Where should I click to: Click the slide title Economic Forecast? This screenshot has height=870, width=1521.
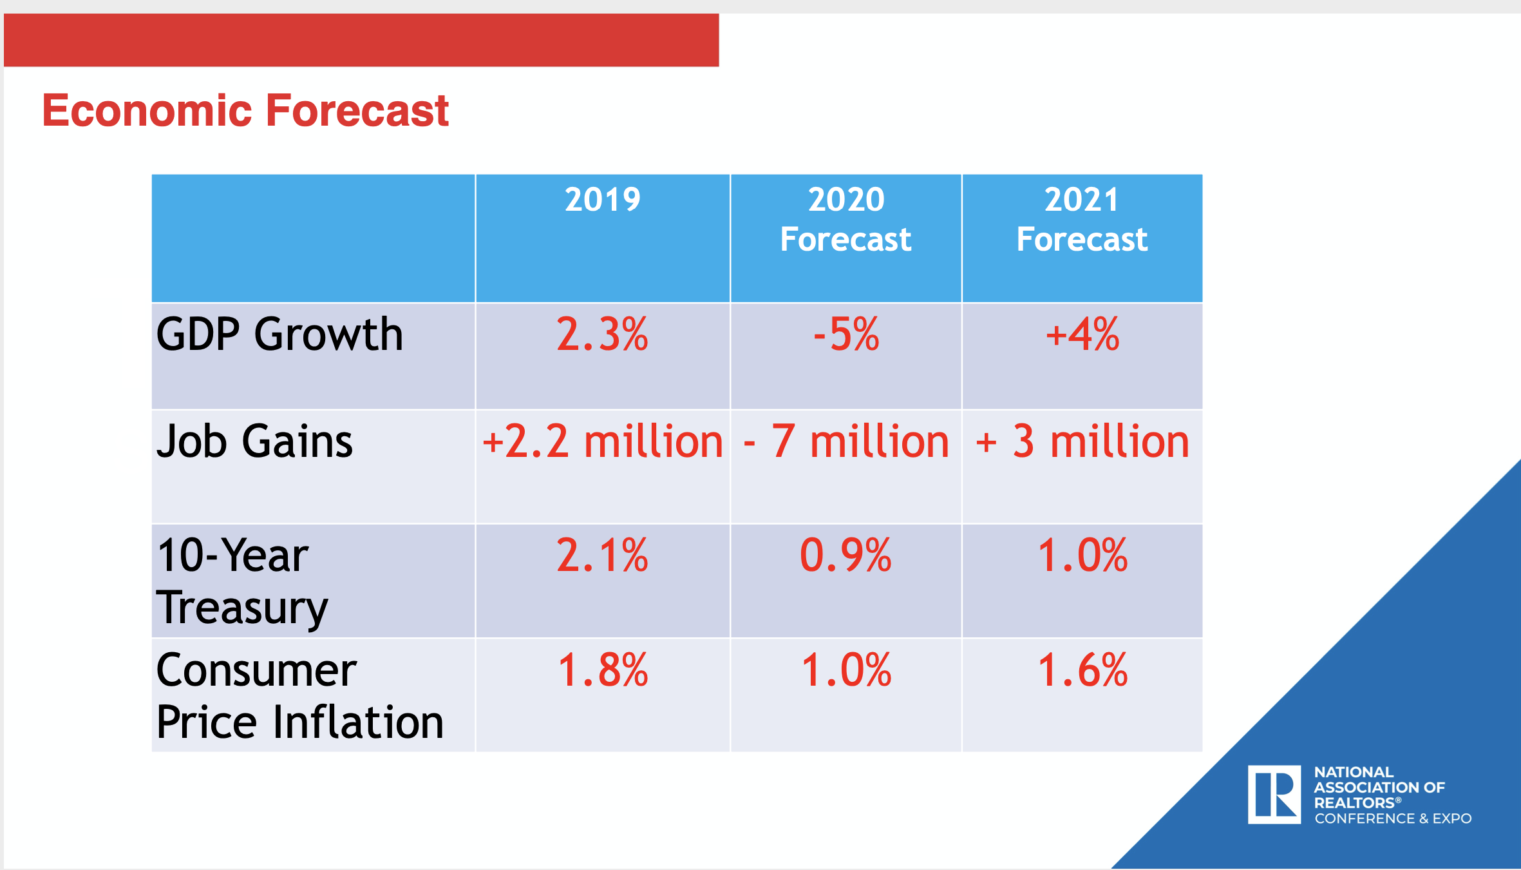(245, 110)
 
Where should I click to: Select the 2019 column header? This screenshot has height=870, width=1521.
(603, 200)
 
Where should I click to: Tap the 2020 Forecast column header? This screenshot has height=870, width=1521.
(846, 219)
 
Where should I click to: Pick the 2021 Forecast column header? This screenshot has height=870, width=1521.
(1082, 219)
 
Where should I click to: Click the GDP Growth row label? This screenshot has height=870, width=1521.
(279, 334)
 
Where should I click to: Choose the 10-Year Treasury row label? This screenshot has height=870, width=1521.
(242, 581)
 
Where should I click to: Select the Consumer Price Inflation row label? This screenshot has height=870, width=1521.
(299, 695)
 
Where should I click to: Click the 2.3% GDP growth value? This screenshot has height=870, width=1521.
(603, 334)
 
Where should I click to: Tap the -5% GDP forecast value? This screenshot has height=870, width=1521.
(846, 334)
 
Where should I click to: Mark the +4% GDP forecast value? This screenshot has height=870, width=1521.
(1082, 334)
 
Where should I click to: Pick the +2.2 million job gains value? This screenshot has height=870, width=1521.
(603, 442)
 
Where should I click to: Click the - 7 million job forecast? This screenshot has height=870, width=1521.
(846, 442)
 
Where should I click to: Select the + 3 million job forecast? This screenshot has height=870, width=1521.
(1082, 442)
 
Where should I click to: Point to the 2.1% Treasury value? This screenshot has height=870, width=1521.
(603, 556)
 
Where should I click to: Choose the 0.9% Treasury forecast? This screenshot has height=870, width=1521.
(846, 556)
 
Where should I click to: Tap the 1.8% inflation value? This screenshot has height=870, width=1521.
(603, 670)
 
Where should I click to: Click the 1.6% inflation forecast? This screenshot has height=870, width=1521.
(1082, 670)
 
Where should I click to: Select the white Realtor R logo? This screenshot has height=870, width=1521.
(1274, 794)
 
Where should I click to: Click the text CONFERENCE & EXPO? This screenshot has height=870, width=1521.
(1393, 818)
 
